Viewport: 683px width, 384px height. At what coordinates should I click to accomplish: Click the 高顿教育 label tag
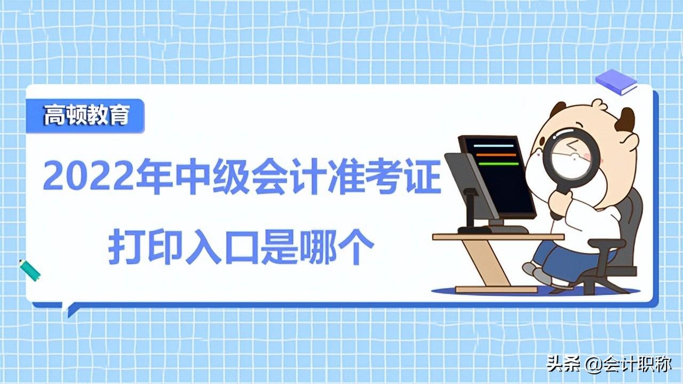coord(85,116)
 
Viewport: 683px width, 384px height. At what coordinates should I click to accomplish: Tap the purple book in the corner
coord(616,82)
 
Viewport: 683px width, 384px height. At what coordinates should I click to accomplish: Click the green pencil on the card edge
coord(30,270)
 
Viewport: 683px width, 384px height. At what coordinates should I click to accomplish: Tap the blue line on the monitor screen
coord(494,145)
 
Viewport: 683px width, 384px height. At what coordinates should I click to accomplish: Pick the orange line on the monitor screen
coord(496,155)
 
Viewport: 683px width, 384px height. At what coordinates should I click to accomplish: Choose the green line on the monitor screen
coord(498,164)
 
